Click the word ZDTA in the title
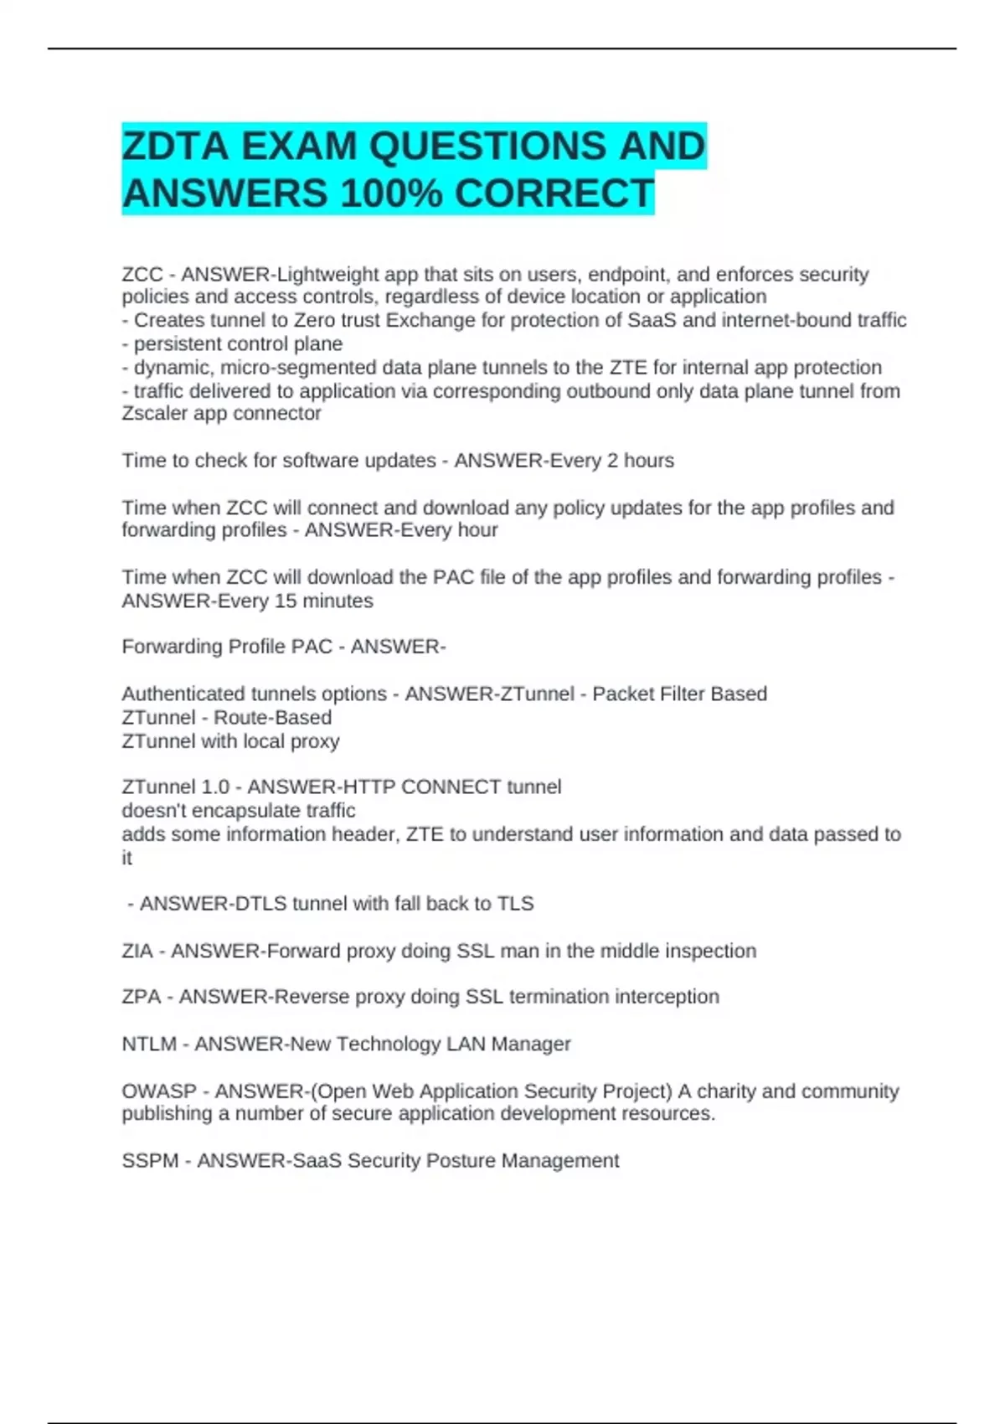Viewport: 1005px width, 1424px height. tap(175, 147)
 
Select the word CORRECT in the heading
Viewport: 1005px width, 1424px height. tap(554, 193)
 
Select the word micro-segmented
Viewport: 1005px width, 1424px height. tap(298, 368)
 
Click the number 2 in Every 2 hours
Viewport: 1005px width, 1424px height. tap(612, 461)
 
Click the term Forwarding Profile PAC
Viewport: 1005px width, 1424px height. tap(227, 648)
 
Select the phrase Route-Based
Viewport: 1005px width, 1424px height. tap(272, 718)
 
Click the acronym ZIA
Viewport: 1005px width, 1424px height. tap(137, 952)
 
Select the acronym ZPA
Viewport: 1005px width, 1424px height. tap(141, 997)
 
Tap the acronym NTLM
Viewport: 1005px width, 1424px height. tap(149, 1045)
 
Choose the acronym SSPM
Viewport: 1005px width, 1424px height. tap(150, 1161)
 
